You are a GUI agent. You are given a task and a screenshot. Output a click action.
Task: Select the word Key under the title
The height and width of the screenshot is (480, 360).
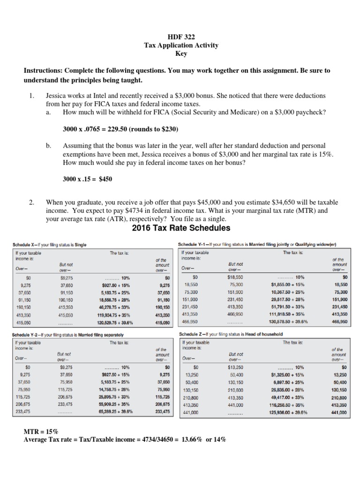[x=181, y=53]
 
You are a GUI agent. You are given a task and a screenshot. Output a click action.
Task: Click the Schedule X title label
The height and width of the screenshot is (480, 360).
[x=49, y=245]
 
